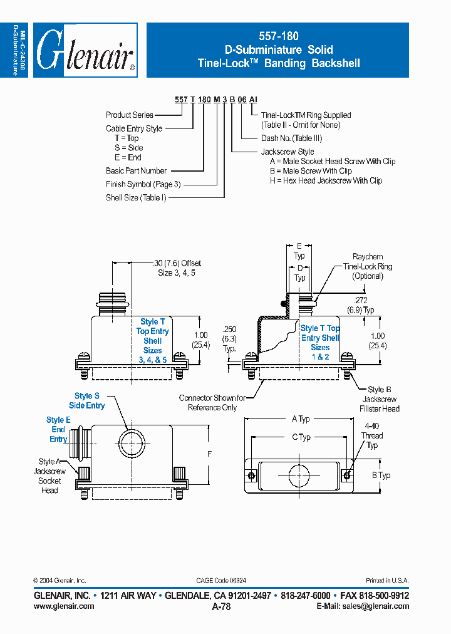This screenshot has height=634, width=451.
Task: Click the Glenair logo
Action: (85, 51)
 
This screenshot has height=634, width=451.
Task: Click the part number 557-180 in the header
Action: (277, 37)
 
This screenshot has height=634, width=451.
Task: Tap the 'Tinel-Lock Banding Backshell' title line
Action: (278, 63)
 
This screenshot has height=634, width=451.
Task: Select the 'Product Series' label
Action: (130, 115)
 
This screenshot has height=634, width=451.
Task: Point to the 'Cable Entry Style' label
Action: (134, 128)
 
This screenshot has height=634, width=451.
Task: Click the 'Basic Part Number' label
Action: (136, 170)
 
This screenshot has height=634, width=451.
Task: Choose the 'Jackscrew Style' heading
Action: (288, 152)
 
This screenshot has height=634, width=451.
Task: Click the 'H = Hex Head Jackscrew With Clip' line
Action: (326, 180)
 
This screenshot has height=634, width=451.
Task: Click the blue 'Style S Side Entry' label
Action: (86, 401)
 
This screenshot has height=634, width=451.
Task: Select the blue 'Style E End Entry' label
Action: (58, 429)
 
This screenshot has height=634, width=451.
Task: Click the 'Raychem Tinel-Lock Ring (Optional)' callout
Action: (368, 266)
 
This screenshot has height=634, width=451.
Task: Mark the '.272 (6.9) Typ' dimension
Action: (361, 305)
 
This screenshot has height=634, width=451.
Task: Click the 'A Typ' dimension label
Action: (301, 418)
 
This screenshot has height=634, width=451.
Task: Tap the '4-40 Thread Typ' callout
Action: (372, 435)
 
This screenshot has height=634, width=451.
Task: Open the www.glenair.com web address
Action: (64, 606)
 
